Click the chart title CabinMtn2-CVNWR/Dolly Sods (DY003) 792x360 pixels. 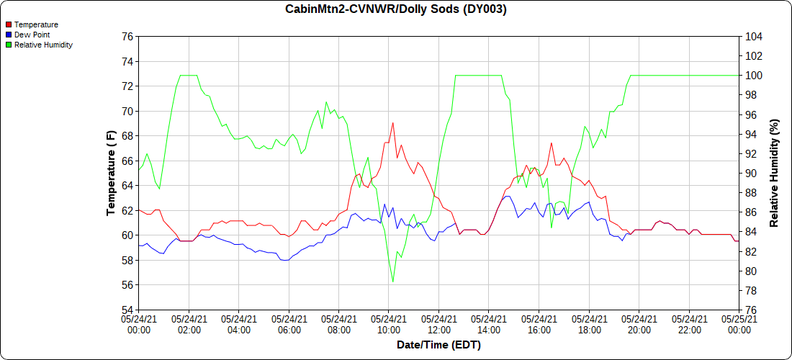point(396,9)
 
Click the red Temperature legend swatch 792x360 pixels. point(9,24)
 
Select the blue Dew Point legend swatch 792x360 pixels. point(9,35)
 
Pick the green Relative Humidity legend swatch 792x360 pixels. point(9,45)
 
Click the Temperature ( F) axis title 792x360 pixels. point(111,173)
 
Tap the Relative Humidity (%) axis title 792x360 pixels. point(774,173)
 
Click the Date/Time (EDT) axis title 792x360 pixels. point(438,345)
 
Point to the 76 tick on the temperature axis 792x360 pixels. point(127,36)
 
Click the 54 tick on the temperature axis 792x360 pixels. point(127,310)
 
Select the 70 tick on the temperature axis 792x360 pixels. point(127,111)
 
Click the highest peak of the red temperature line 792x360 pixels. point(392,122)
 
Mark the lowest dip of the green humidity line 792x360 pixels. point(392,282)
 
